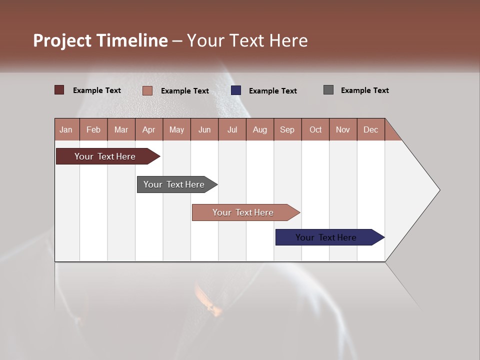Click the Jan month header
(66, 129)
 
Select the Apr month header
(149, 129)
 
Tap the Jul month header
(232, 129)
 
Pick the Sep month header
(287, 129)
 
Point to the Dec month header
(370, 129)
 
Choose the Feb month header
(93, 129)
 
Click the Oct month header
(315, 129)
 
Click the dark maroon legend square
(59, 90)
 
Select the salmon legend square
(147, 90)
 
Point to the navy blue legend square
(236, 90)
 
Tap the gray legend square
(328, 90)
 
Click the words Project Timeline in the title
(100, 40)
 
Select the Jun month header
(204, 129)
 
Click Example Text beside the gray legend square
(364, 90)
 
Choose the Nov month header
(343, 129)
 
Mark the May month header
(176, 129)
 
